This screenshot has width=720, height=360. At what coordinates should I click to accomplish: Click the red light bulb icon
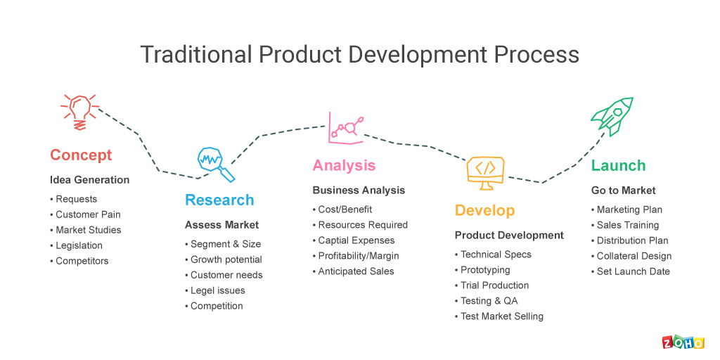click(x=80, y=112)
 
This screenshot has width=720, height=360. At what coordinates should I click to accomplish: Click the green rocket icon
click(x=612, y=116)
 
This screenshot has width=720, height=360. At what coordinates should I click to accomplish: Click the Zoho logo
click(x=683, y=342)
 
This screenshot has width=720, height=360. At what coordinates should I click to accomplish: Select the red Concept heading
click(x=81, y=155)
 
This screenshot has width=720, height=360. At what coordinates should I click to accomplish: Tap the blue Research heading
click(x=219, y=200)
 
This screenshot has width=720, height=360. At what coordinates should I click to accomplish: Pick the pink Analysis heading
click(x=344, y=165)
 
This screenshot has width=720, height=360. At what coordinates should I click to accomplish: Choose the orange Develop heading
click(x=485, y=210)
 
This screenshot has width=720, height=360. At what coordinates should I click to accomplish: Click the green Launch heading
click(x=619, y=165)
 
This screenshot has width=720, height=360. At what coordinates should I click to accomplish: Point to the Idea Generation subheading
click(x=89, y=180)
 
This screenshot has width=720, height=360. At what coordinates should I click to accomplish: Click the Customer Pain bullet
click(x=85, y=214)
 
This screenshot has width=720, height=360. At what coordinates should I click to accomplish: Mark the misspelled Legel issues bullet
click(x=215, y=290)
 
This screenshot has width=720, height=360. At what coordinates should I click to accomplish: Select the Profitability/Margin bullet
click(x=356, y=256)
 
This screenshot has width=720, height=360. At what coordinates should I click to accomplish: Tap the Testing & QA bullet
click(x=487, y=301)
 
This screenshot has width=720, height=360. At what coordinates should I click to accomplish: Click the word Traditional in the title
click(x=196, y=55)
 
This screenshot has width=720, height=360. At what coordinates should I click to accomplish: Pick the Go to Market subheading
click(x=624, y=190)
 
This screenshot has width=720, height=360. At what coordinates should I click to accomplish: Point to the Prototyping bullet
click(x=482, y=270)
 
